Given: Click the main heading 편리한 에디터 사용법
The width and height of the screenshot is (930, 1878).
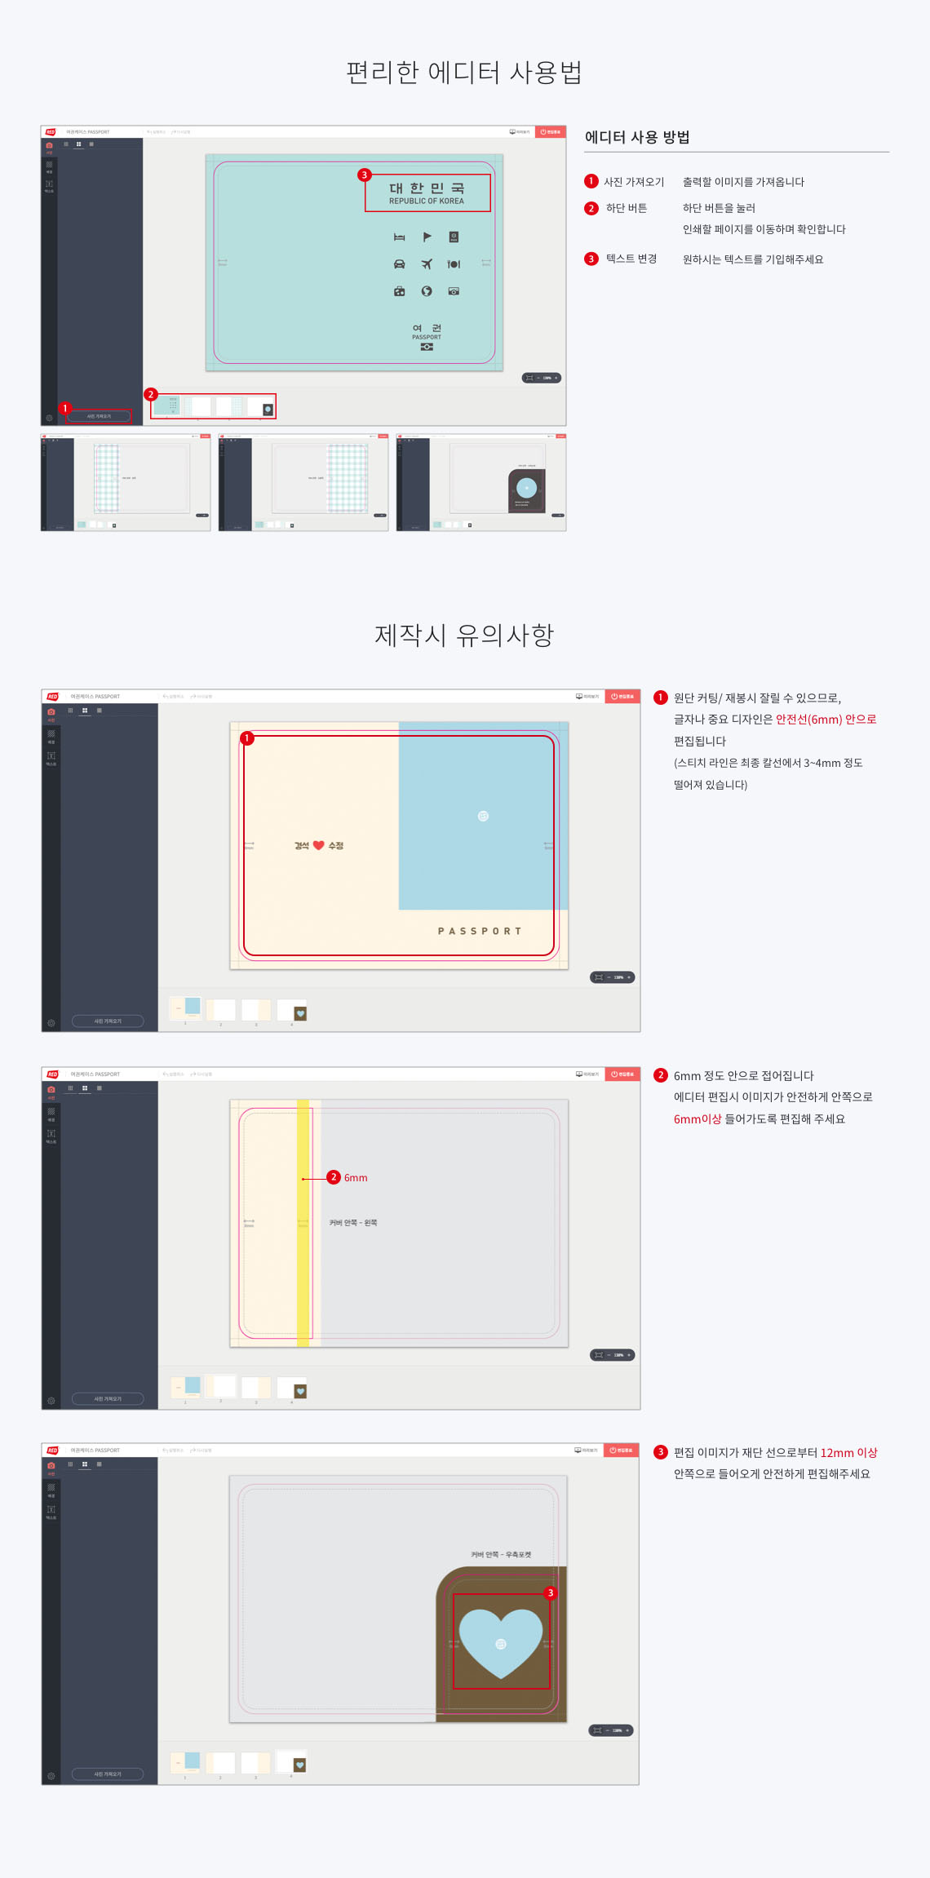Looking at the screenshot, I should [x=463, y=73].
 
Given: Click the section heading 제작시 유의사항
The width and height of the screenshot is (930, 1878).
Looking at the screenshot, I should [x=463, y=635].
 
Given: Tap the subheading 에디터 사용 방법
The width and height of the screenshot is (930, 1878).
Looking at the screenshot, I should [x=637, y=137].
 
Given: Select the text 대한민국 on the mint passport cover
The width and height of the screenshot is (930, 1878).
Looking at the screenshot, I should [x=427, y=188].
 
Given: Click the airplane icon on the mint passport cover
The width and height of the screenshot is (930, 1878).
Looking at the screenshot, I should [x=427, y=264].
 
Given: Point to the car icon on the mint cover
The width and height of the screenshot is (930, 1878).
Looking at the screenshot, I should [x=399, y=264].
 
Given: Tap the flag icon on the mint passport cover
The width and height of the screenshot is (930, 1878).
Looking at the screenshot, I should [x=427, y=237].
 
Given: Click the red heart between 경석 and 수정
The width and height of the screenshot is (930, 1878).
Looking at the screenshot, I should [x=319, y=845].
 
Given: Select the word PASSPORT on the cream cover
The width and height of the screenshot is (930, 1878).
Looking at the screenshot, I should [x=479, y=931].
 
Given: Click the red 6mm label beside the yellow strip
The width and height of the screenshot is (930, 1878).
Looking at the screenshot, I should [x=356, y=1177].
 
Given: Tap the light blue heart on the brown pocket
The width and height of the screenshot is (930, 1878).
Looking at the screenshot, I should [x=501, y=1641].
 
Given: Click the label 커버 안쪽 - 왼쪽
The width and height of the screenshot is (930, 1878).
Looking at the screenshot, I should [x=353, y=1222].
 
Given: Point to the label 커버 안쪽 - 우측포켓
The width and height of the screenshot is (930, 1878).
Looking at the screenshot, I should [x=501, y=1554].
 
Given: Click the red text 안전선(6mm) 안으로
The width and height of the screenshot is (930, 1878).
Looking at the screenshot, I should [x=826, y=720].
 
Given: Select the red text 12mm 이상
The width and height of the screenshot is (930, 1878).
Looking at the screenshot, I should [x=848, y=1452].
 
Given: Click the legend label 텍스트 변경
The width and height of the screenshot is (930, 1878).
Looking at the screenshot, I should [x=631, y=259].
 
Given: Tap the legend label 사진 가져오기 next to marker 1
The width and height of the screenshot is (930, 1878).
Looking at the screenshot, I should [x=634, y=182].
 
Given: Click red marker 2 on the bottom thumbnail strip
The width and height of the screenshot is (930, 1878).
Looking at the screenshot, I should [x=150, y=394].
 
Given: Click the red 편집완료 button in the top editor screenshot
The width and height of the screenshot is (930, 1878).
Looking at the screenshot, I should [x=551, y=131].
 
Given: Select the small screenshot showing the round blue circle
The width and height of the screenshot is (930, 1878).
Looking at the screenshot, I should [x=481, y=482].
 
